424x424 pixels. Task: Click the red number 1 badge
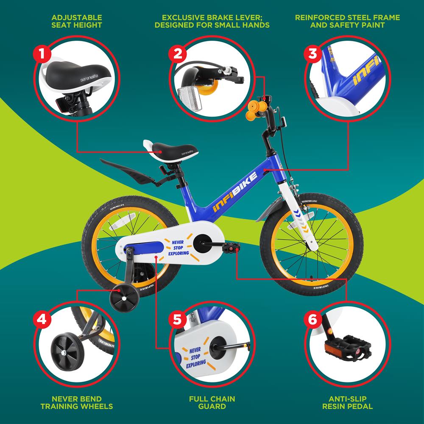point(42,54)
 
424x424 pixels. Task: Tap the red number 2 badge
point(177,54)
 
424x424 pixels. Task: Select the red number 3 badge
point(313,54)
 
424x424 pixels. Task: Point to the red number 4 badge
point(42,319)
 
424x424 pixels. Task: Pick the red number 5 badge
point(177,319)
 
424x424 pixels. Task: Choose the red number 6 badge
point(313,319)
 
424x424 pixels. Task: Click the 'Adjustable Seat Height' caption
point(76,21)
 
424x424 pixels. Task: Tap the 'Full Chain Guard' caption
point(212,402)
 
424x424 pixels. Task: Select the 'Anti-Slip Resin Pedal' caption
point(348,402)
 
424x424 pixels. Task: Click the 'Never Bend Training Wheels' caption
point(76,402)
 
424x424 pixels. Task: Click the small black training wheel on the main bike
point(124,298)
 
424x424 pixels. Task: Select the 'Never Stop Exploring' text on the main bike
point(178,248)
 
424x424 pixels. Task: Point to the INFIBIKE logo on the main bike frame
point(235,192)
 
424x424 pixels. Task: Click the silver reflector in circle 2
point(190,99)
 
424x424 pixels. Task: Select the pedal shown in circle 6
point(348,348)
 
